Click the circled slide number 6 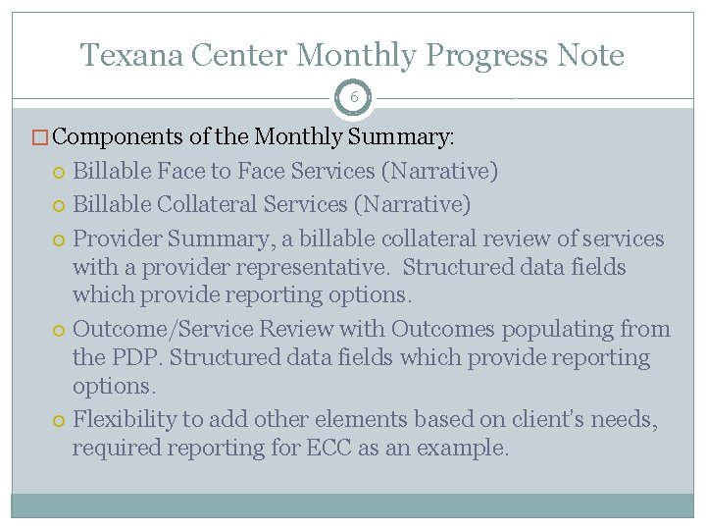(x=352, y=97)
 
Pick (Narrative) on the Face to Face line (x=440, y=171)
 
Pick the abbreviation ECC (x=331, y=449)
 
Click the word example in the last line (x=465, y=450)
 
